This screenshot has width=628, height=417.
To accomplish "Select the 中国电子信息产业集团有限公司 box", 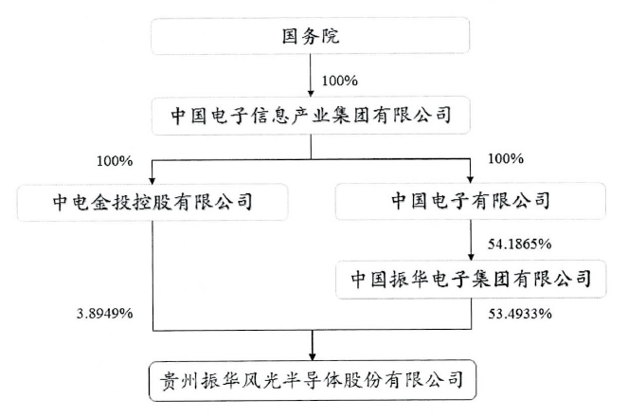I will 310,118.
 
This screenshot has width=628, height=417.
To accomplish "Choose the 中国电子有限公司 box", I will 471,201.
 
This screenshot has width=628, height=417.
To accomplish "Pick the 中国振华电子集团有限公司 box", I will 471,279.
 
